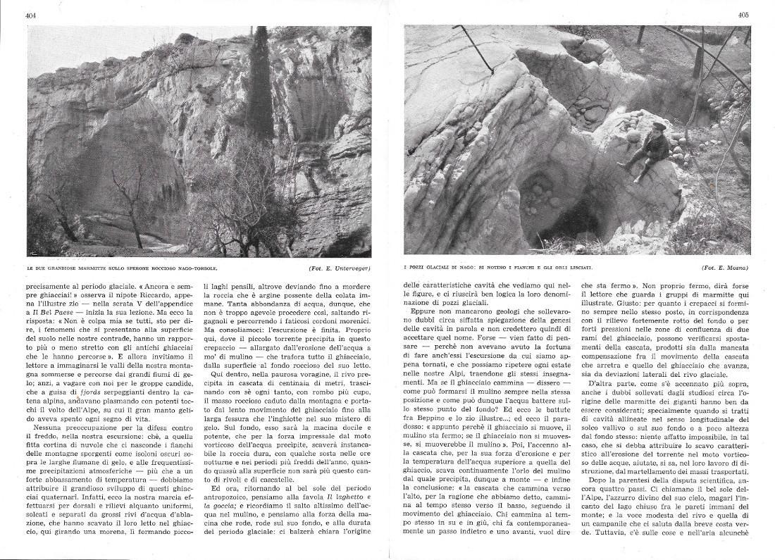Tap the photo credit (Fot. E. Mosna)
(726, 268)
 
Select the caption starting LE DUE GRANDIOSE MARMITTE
(122, 268)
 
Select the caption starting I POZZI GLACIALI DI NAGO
(498, 268)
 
